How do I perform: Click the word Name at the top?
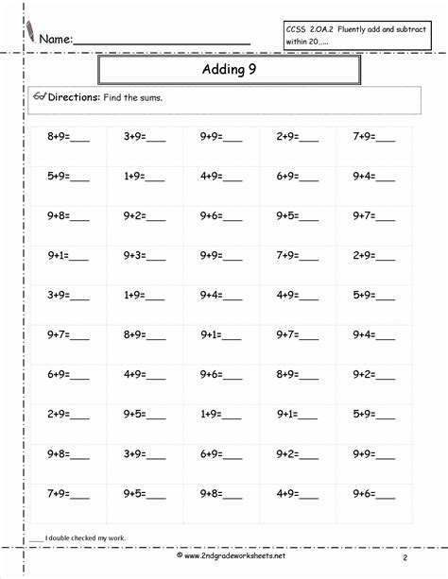(x=55, y=40)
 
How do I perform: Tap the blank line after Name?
(x=161, y=42)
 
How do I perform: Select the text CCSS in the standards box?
(x=297, y=30)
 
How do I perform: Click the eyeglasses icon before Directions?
(x=39, y=97)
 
